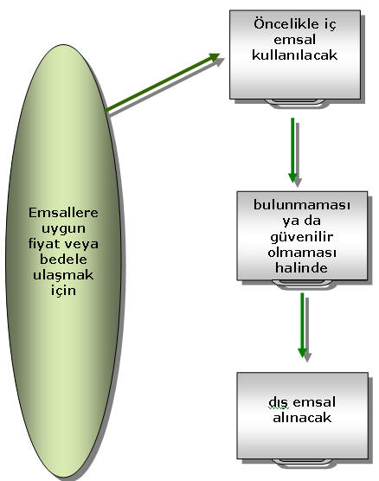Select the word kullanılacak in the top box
(x=294, y=55)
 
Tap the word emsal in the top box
(x=294, y=40)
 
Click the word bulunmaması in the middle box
(x=302, y=205)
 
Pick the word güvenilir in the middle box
(x=302, y=237)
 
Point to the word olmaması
(x=302, y=253)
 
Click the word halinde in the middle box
(x=302, y=268)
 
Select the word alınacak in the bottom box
(x=302, y=418)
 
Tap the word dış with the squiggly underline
(x=279, y=402)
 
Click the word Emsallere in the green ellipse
(x=63, y=213)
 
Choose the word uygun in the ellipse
(x=63, y=229)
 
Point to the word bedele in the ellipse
(x=63, y=260)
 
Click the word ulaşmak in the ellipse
(x=63, y=275)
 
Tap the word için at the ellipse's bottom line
(x=63, y=291)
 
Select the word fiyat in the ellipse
(x=43, y=244)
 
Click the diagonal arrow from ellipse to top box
(x=163, y=82)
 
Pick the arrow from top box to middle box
(x=292, y=151)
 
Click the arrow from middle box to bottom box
(x=302, y=325)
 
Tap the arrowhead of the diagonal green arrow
(x=214, y=57)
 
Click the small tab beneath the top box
(x=294, y=102)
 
